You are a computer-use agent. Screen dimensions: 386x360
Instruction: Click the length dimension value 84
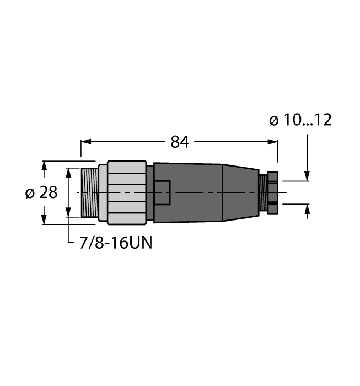(x=180, y=142)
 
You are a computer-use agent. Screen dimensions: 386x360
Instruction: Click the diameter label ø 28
(x=41, y=193)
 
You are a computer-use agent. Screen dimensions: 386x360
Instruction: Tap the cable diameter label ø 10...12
(x=300, y=120)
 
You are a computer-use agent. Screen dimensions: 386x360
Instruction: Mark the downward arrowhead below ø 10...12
(x=307, y=176)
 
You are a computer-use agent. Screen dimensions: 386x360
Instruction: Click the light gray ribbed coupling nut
(x=127, y=192)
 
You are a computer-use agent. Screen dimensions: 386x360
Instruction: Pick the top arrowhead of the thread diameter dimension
(x=68, y=171)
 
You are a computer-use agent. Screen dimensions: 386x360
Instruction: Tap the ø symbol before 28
(x=30, y=193)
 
